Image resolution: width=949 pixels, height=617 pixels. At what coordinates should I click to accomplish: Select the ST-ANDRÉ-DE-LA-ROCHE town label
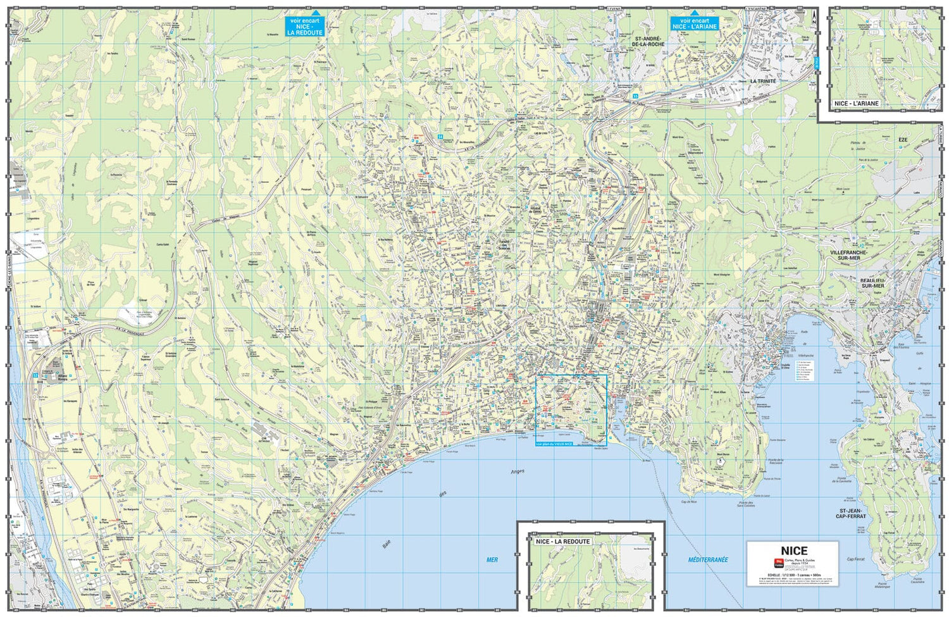coord(649,42)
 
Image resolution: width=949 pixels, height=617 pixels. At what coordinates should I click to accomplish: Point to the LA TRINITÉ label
coord(762,82)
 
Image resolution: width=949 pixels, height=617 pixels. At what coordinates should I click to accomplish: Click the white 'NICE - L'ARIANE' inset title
coord(857,103)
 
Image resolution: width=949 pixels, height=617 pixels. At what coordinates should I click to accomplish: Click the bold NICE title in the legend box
coord(793,551)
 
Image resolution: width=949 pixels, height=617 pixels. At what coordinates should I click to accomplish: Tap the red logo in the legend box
coord(778,563)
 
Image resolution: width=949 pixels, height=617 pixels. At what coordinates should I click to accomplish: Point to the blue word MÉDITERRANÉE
coord(708,559)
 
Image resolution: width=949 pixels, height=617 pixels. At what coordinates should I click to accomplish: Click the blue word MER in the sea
coord(492,559)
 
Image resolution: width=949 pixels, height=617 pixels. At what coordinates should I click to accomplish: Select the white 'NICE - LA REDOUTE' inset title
coord(562,542)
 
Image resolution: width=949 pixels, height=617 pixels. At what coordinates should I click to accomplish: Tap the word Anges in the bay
coord(517,471)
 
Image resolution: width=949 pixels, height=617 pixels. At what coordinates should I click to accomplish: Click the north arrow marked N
coord(814,19)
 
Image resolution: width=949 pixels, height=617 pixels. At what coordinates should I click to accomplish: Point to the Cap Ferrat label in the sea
coord(855,559)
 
